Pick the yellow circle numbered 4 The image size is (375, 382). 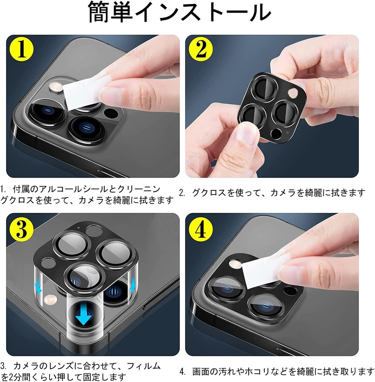pyautogui.click(x=201, y=228)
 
